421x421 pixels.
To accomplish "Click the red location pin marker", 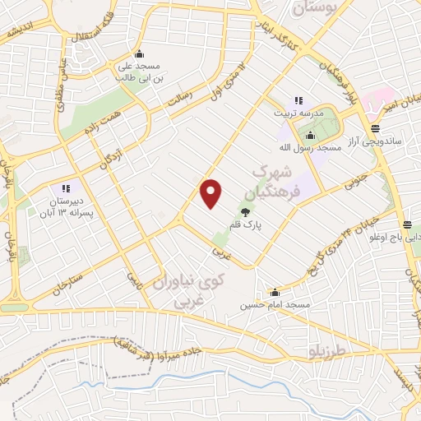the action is pos(212,194).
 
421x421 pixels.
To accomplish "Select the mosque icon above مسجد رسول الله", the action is pos(310,135).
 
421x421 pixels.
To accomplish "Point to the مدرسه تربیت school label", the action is pos(298,111).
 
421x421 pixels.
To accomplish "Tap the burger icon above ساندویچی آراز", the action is pos(375,127).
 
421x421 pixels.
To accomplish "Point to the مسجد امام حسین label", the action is pos(276,305).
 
